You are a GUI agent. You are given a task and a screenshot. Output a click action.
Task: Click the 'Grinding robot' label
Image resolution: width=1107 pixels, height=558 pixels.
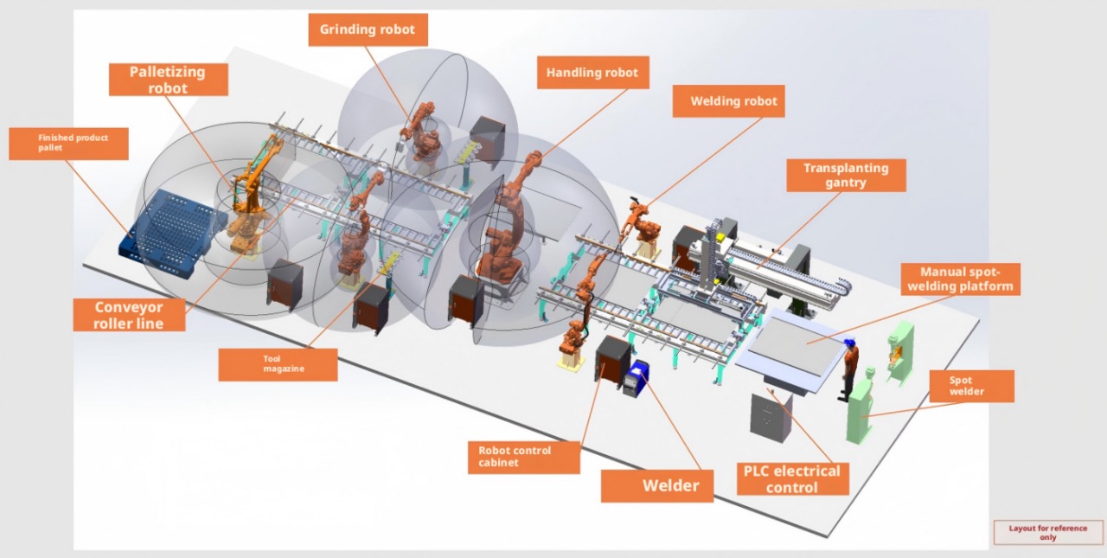coord(368,29)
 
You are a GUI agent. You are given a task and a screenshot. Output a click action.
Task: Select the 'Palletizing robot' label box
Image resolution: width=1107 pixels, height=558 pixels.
coord(168,80)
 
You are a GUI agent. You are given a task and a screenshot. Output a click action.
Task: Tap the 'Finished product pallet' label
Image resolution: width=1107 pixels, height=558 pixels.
coord(68,144)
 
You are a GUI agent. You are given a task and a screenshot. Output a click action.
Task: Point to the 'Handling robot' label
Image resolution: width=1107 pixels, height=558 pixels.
coord(593,73)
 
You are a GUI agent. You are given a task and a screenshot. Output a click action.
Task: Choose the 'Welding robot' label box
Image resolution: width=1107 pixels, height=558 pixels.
coord(728,101)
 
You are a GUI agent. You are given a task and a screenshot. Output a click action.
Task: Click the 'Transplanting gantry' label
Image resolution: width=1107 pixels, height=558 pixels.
coord(846,175)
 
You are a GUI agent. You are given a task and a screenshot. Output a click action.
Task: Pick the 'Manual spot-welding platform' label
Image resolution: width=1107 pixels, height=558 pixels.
coord(960,279)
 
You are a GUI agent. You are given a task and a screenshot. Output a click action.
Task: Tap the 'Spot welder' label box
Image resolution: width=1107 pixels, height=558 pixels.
coord(971,386)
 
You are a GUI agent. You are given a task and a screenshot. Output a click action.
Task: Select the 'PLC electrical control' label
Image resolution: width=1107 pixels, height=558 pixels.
coord(793,479)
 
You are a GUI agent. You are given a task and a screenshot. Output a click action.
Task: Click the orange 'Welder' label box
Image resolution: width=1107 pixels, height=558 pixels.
coord(657,486)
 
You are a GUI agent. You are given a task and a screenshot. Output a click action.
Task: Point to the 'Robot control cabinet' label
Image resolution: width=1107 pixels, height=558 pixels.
coord(524,457)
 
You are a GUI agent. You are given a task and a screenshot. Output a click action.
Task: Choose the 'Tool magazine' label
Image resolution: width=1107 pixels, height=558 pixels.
coord(278,365)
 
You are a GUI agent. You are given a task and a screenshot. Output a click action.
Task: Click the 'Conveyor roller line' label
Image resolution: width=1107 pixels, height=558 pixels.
coord(129,315)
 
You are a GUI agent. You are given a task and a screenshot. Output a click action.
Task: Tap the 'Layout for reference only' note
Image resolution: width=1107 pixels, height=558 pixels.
coord(1048,532)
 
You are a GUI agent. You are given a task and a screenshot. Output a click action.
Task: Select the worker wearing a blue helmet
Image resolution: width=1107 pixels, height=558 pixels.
coord(849,369)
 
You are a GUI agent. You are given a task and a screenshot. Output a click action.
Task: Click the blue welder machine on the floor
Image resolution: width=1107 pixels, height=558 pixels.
coord(636,378)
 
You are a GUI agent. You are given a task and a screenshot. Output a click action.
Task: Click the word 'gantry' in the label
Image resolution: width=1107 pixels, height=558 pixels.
coord(846,183)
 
